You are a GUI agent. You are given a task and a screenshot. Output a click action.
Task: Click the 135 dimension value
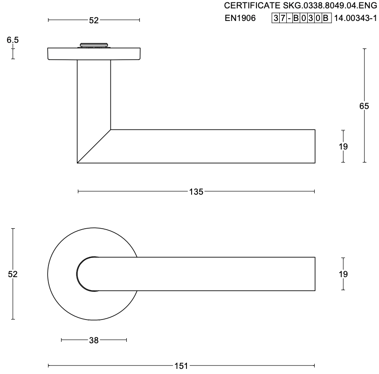pos(196,192)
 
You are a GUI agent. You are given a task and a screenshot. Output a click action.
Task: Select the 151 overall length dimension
pos(181,366)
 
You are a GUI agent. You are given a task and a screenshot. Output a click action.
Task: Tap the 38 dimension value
pos(94,340)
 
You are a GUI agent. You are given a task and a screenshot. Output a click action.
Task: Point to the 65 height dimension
pos(364,106)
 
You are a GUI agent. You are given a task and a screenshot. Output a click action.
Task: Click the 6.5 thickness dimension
pos(13,40)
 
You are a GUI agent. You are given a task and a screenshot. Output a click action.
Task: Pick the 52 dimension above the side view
pos(94,20)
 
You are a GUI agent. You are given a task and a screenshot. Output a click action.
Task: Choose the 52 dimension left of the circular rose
pos(13,274)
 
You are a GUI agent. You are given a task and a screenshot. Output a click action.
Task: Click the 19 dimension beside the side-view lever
pos(343,146)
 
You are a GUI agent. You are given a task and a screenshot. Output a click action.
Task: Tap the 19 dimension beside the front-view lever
pos(343,274)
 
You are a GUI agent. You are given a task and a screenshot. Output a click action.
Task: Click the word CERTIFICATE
pos(252,6)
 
